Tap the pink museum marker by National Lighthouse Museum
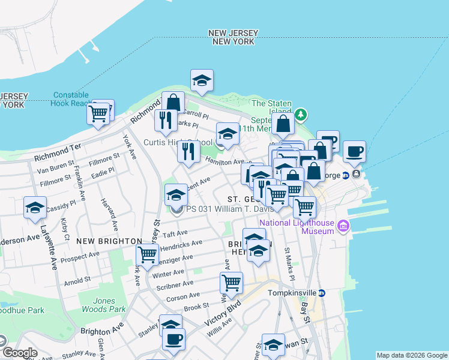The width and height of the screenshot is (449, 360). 343,226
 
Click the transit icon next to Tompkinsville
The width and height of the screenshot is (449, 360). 322,293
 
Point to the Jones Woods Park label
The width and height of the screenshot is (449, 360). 101,305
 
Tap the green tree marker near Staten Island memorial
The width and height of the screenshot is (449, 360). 301,114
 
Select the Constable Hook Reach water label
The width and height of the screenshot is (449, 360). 71,99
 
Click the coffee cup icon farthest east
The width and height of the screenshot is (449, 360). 354,151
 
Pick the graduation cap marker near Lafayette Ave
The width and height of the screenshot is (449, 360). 35,208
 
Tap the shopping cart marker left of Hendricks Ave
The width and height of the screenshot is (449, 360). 147,254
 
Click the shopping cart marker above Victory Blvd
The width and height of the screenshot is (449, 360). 231,281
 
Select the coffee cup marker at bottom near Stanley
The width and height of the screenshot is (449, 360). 173,340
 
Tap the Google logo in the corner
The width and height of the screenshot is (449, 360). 19,353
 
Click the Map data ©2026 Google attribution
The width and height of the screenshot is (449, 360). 412,355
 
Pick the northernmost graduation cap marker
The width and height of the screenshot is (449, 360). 202,80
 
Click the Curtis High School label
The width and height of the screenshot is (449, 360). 178,142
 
